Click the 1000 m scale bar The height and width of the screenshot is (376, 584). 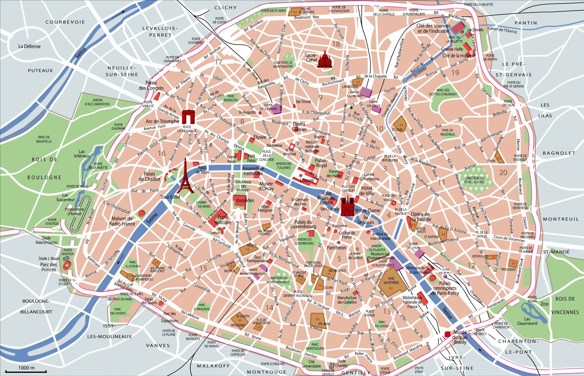pos(26,371)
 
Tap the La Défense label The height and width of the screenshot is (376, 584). pos(29,46)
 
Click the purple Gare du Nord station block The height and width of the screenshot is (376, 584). pos(365,92)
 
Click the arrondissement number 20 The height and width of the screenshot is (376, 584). pos(503,173)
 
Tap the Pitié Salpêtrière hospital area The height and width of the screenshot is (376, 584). pos(392,284)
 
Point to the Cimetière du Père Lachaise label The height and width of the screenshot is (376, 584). pos(475,180)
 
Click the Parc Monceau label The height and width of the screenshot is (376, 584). pos(231,98)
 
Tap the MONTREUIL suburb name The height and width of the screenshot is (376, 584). pos(561,219)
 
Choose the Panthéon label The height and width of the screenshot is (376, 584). pos(336,248)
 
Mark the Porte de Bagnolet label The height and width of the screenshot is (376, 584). pos(520,158)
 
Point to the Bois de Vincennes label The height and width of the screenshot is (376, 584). pos(565,305)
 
